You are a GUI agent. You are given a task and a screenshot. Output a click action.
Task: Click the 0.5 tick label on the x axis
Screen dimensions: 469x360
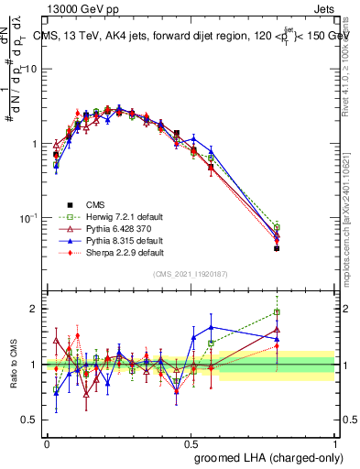pyautogui.click(x=191, y=443)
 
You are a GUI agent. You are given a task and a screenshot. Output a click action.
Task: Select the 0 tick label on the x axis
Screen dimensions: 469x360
pyautogui.click(x=47, y=443)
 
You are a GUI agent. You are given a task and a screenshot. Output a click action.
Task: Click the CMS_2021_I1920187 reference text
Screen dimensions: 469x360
pyautogui.click(x=191, y=275)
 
